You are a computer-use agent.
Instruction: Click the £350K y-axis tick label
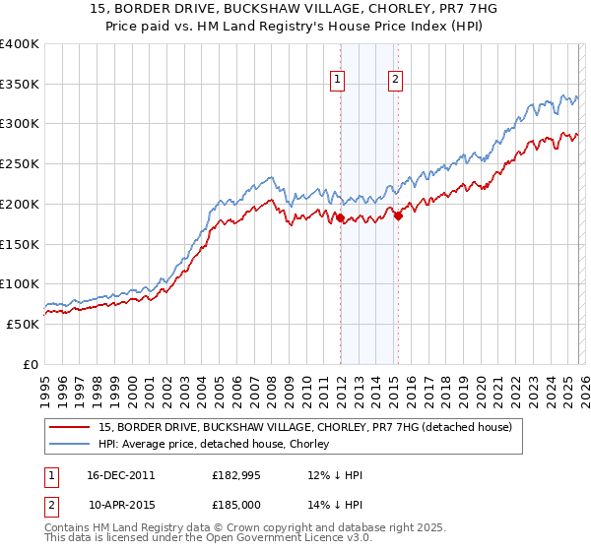click(20, 85)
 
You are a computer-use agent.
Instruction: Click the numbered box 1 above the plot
click(338, 80)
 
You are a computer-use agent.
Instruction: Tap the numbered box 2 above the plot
click(395, 80)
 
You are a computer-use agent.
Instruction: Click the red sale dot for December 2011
click(340, 218)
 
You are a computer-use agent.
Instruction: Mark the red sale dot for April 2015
click(398, 216)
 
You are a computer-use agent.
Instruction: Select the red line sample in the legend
click(70, 428)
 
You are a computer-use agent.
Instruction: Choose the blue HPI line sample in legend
click(70, 444)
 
